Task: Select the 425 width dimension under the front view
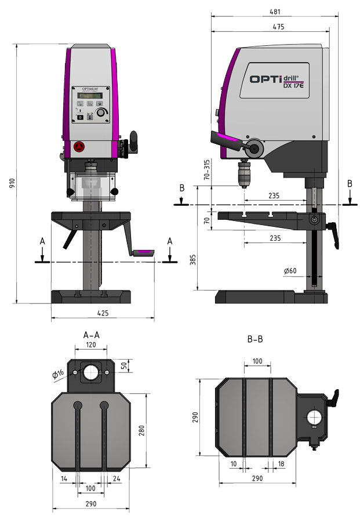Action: coord(102,313)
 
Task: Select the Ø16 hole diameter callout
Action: coord(58,375)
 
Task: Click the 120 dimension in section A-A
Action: coord(90,344)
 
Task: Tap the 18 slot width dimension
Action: coord(281,463)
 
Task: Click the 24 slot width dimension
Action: coord(118,478)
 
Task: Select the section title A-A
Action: coord(91,335)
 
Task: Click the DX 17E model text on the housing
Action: coord(294,87)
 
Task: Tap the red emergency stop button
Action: coord(78,146)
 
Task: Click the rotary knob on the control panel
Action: coord(102,113)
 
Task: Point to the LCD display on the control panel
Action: coord(90,95)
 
